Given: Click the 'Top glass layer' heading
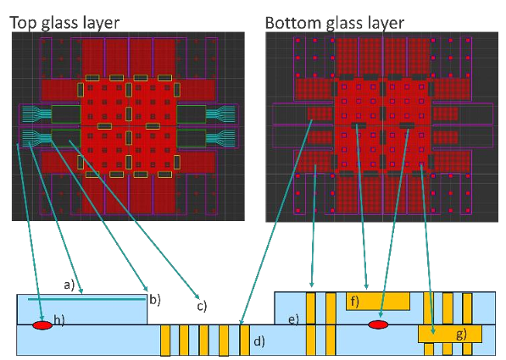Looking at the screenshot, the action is pyautogui.click(x=64, y=23).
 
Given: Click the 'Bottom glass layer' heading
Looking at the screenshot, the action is pyautogui.click(x=334, y=23).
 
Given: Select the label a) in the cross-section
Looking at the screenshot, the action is pyautogui.click(x=69, y=285).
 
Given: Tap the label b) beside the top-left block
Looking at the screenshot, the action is pyautogui.click(x=155, y=300).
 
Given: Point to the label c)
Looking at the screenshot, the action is pyautogui.click(x=202, y=306).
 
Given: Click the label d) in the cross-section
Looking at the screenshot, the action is pyautogui.click(x=259, y=341).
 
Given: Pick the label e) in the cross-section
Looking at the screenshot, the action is pyautogui.click(x=293, y=319).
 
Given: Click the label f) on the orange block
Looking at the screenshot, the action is pyautogui.click(x=355, y=302).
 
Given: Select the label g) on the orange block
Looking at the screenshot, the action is pyautogui.click(x=461, y=335).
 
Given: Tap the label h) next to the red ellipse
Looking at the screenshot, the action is pyautogui.click(x=59, y=320).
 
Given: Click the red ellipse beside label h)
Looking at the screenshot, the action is pyautogui.click(x=42, y=325).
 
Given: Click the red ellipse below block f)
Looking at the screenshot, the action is pyautogui.click(x=378, y=324).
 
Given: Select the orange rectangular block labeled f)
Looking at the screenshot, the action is pyautogui.click(x=378, y=302).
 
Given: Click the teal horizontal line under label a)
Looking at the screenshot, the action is pyautogui.click(x=86, y=299).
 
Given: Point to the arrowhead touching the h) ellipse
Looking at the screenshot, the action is pyautogui.click(x=41, y=318).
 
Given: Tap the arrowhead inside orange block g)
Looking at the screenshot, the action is pyautogui.click(x=433, y=330).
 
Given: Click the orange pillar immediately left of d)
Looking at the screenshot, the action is pyautogui.click(x=245, y=340).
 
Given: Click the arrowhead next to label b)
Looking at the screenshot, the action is pyautogui.click(x=146, y=288).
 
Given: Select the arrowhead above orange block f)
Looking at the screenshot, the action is pyautogui.click(x=366, y=285).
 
